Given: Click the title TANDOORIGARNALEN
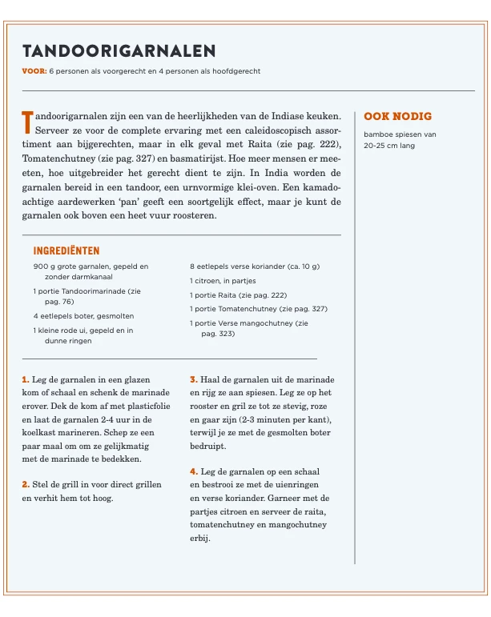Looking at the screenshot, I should click(119, 51).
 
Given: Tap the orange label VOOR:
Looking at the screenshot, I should click(34, 71).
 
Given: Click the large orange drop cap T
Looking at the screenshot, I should click(28, 122).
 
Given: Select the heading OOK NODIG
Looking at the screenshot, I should click(397, 116).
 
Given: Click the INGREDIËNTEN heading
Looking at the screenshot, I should click(66, 250).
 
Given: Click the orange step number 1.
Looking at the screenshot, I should click(26, 379).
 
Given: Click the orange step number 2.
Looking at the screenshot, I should click(26, 484).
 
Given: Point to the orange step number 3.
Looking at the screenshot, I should click(193, 379).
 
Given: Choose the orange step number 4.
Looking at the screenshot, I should click(193, 471).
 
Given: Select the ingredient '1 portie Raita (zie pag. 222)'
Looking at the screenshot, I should click(238, 294).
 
